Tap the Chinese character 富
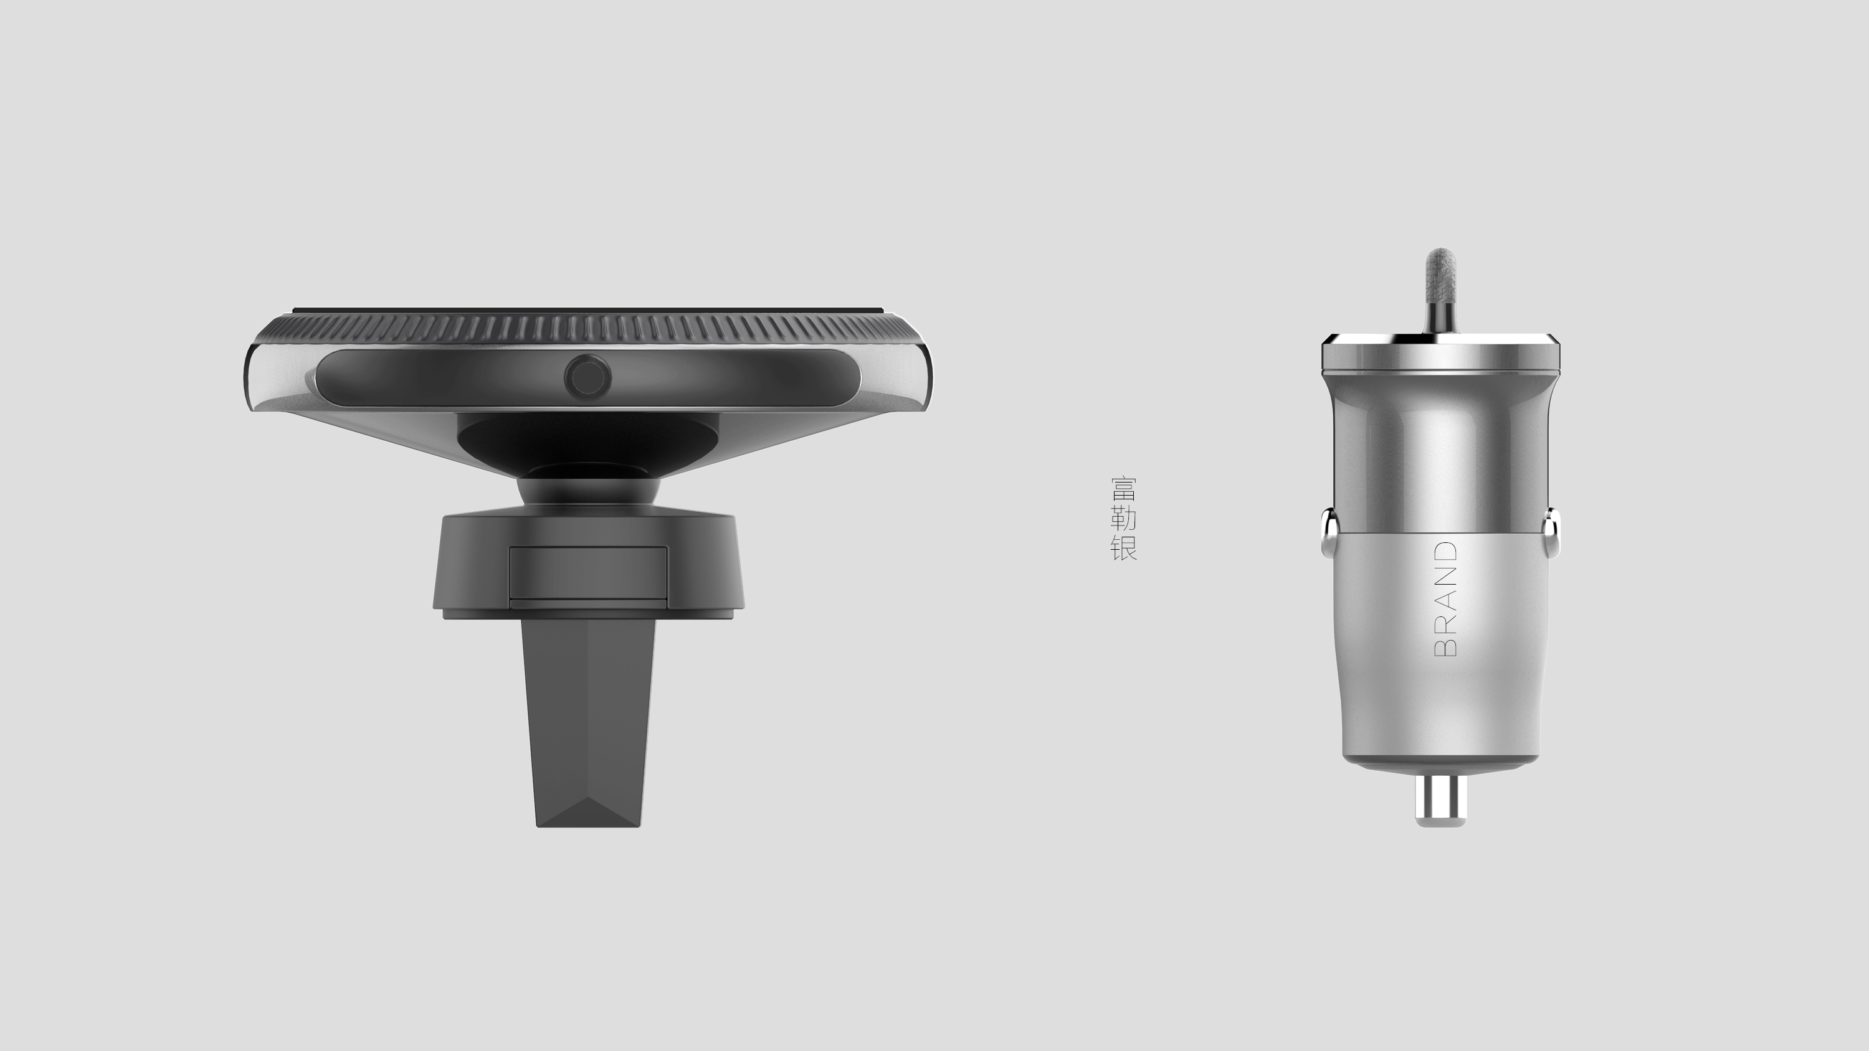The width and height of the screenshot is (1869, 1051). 1123,489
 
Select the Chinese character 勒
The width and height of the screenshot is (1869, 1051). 1123,518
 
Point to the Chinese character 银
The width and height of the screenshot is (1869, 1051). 1123,548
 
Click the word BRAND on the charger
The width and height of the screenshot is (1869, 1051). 1445,599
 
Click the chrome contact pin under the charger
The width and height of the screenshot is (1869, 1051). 1441,800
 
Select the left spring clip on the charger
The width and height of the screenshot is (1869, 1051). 1328,532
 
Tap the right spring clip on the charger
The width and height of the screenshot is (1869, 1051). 1552,532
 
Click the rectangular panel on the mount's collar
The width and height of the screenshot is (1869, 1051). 587,573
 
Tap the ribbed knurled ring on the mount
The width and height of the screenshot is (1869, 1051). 587,330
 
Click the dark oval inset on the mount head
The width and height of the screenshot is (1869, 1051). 435,378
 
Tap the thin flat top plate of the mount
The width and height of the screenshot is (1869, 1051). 587,311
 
